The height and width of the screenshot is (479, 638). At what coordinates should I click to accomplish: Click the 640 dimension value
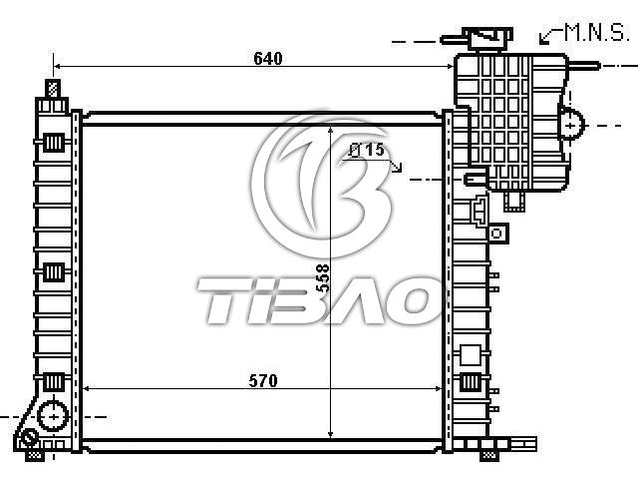(x=268, y=59)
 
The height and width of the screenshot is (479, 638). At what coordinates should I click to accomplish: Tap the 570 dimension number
(x=263, y=381)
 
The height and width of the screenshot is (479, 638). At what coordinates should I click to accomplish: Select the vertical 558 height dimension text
(x=323, y=277)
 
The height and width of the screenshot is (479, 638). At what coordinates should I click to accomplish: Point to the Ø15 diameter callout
(x=367, y=150)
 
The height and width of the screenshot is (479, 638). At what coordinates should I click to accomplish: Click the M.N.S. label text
(x=596, y=32)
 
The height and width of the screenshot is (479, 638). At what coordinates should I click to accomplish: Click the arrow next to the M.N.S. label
(x=550, y=36)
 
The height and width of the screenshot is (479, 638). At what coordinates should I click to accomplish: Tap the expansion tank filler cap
(x=487, y=39)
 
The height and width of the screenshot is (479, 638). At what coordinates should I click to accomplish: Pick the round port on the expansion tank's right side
(x=571, y=124)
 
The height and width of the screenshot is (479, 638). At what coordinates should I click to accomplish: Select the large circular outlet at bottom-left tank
(x=53, y=416)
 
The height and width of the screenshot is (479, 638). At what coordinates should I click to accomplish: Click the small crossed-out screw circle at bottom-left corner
(x=30, y=438)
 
